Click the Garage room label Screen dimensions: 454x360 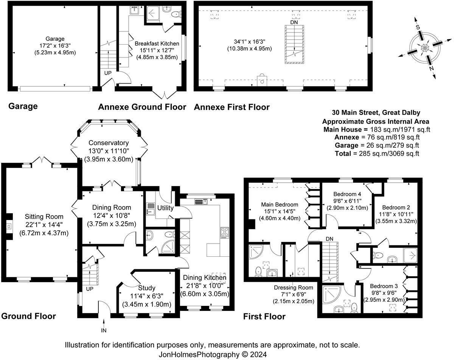[x=55, y=39]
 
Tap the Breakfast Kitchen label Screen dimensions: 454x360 [x=157, y=43]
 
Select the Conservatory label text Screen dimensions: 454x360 [x=109, y=143]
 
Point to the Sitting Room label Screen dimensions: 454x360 [x=44, y=216]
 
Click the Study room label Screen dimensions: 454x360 [x=147, y=288]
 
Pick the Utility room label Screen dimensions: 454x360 [x=165, y=208]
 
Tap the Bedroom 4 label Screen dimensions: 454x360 [x=347, y=194]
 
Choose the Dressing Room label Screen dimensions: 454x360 [x=294, y=288]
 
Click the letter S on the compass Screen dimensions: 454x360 [x=418, y=27]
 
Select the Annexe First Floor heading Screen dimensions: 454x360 [x=232, y=107]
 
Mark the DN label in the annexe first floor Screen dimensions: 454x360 [x=294, y=22]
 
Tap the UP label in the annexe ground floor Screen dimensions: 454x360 [x=108, y=73]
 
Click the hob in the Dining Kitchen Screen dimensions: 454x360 [x=225, y=233]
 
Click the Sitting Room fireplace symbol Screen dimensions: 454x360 [x=9, y=226]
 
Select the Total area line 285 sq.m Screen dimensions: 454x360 [x=377, y=153]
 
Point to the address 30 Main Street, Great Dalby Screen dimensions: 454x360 [x=376, y=113]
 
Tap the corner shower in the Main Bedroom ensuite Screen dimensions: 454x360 [x=256, y=252]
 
